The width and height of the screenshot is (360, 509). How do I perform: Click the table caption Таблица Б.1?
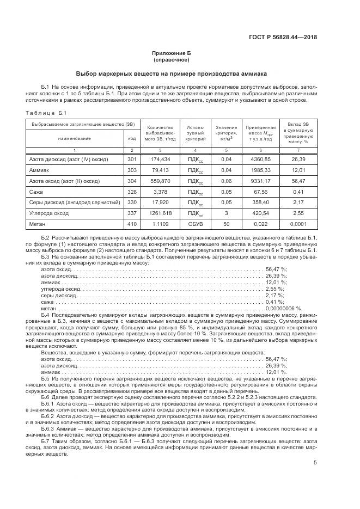point(46,113)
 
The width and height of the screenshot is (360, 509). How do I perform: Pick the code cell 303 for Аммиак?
point(131,170)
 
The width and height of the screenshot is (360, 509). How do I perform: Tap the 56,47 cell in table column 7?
point(297,181)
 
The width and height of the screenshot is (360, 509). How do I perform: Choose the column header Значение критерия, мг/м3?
point(226,132)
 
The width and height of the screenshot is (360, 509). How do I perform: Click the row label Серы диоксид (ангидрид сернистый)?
point(74,203)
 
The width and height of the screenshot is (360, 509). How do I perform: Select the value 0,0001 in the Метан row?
point(297,224)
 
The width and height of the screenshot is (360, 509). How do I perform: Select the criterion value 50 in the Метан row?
point(226,224)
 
